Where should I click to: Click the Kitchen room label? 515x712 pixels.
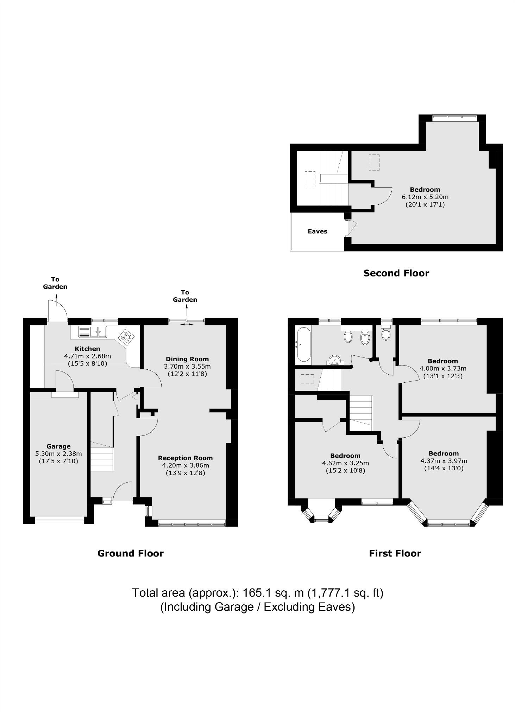click(x=87, y=349)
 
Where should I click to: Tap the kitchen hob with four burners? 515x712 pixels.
click(x=126, y=337)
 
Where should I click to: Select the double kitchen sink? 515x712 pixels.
click(x=93, y=331)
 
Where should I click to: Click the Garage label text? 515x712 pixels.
click(x=58, y=446)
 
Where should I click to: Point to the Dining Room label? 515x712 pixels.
click(x=187, y=359)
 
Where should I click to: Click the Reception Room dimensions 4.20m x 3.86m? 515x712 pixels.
click(x=186, y=465)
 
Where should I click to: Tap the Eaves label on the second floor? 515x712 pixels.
click(x=317, y=231)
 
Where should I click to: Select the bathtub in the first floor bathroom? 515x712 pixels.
click(x=303, y=344)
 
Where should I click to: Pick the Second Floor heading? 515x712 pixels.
click(x=396, y=273)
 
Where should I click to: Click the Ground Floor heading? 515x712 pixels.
click(x=130, y=553)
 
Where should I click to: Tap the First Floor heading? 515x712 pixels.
click(x=395, y=553)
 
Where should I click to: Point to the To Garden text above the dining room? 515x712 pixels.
click(x=185, y=296)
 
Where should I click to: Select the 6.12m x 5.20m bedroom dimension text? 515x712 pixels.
click(x=425, y=197)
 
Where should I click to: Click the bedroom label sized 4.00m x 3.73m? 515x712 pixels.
click(x=442, y=361)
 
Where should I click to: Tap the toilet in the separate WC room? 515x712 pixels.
click(x=386, y=333)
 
